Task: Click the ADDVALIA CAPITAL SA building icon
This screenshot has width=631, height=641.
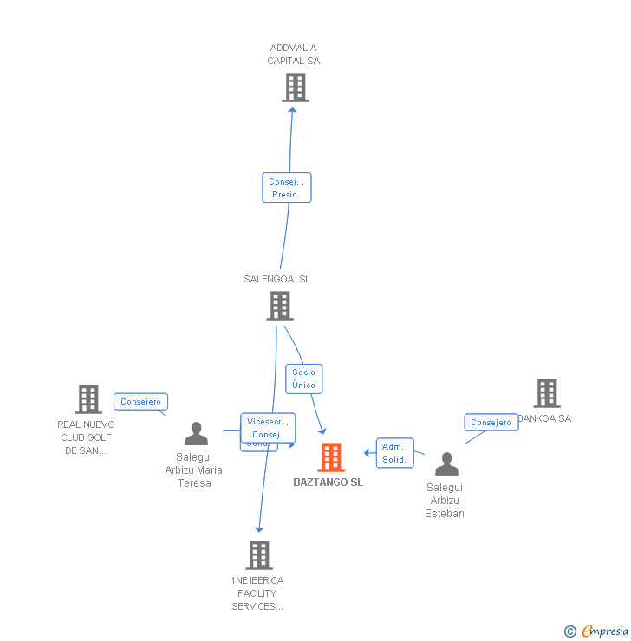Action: pyautogui.click(x=296, y=87)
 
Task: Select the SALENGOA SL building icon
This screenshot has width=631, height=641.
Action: pyautogui.click(x=279, y=306)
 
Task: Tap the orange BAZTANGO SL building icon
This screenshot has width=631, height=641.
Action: pyautogui.click(x=331, y=456)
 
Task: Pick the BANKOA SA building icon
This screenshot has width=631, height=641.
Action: pyautogui.click(x=546, y=393)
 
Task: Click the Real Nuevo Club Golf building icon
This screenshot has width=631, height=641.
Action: pyautogui.click(x=88, y=399)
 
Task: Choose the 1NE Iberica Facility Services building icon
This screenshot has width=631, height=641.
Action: pyautogui.click(x=258, y=555)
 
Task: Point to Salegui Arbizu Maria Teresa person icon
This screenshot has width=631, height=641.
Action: pyautogui.click(x=197, y=434)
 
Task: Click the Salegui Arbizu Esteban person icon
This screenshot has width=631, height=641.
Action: pyautogui.click(x=446, y=464)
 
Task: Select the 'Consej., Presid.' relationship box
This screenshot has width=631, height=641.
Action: pyautogui.click(x=286, y=188)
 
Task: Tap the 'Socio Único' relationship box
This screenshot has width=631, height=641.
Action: pyautogui.click(x=303, y=379)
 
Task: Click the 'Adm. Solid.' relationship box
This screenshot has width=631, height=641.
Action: pyautogui.click(x=394, y=453)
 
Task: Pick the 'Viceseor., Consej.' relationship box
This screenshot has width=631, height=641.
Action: pyautogui.click(x=268, y=427)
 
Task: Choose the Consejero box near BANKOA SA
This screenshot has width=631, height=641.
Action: pyautogui.click(x=491, y=423)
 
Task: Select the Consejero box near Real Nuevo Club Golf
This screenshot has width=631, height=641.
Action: pyautogui.click(x=140, y=402)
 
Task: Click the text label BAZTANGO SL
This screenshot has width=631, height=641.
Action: pyautogui.click(x=328, y=482)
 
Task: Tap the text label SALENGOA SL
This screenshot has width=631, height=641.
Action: pyautogui.click(x=276, y=279)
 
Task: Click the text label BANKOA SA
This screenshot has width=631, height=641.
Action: pyautogui.click(x=544, y=418)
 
